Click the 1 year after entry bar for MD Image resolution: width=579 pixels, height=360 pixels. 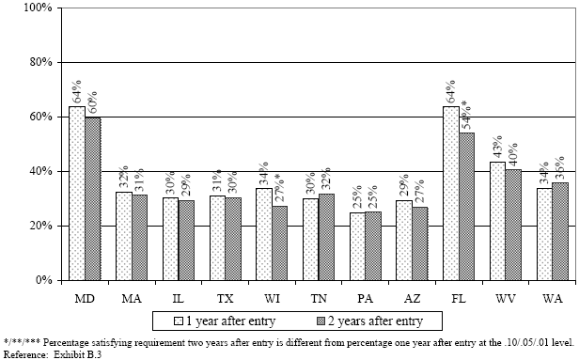[76, 193]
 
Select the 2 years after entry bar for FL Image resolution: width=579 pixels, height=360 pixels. [467, 206]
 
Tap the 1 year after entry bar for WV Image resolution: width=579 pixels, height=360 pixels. [498, 221]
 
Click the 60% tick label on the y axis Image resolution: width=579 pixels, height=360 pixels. [37, 117]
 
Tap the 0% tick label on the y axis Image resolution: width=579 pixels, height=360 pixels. [40, 280]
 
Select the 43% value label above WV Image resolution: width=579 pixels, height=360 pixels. [498, 147]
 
